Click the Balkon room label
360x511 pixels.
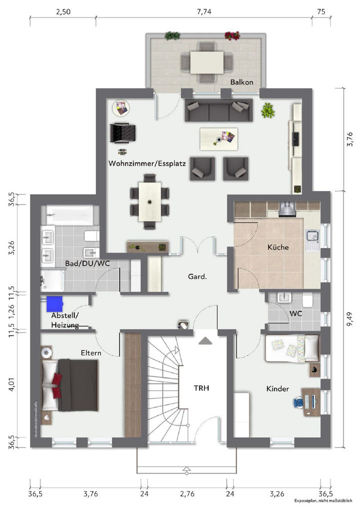click(x=242, y=82)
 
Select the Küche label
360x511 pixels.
click(x=278, y=247)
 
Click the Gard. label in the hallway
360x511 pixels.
click(x=197, y=276)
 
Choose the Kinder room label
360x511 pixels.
click(x=278, y=389)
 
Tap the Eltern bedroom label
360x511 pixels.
click(x=91, y=353)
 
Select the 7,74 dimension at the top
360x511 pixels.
click(x=204, y=12)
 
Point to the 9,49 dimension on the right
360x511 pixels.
click(x=350, y=318)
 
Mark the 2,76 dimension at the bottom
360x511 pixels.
click(x=187, y=494)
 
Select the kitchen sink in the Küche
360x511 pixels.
click(x=313, y=237)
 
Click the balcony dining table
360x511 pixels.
click(x=207, y=62)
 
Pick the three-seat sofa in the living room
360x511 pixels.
click(x=218, y=110)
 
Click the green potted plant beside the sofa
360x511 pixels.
click(x=269, y=110)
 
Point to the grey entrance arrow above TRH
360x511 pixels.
click(x=205, y=341)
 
